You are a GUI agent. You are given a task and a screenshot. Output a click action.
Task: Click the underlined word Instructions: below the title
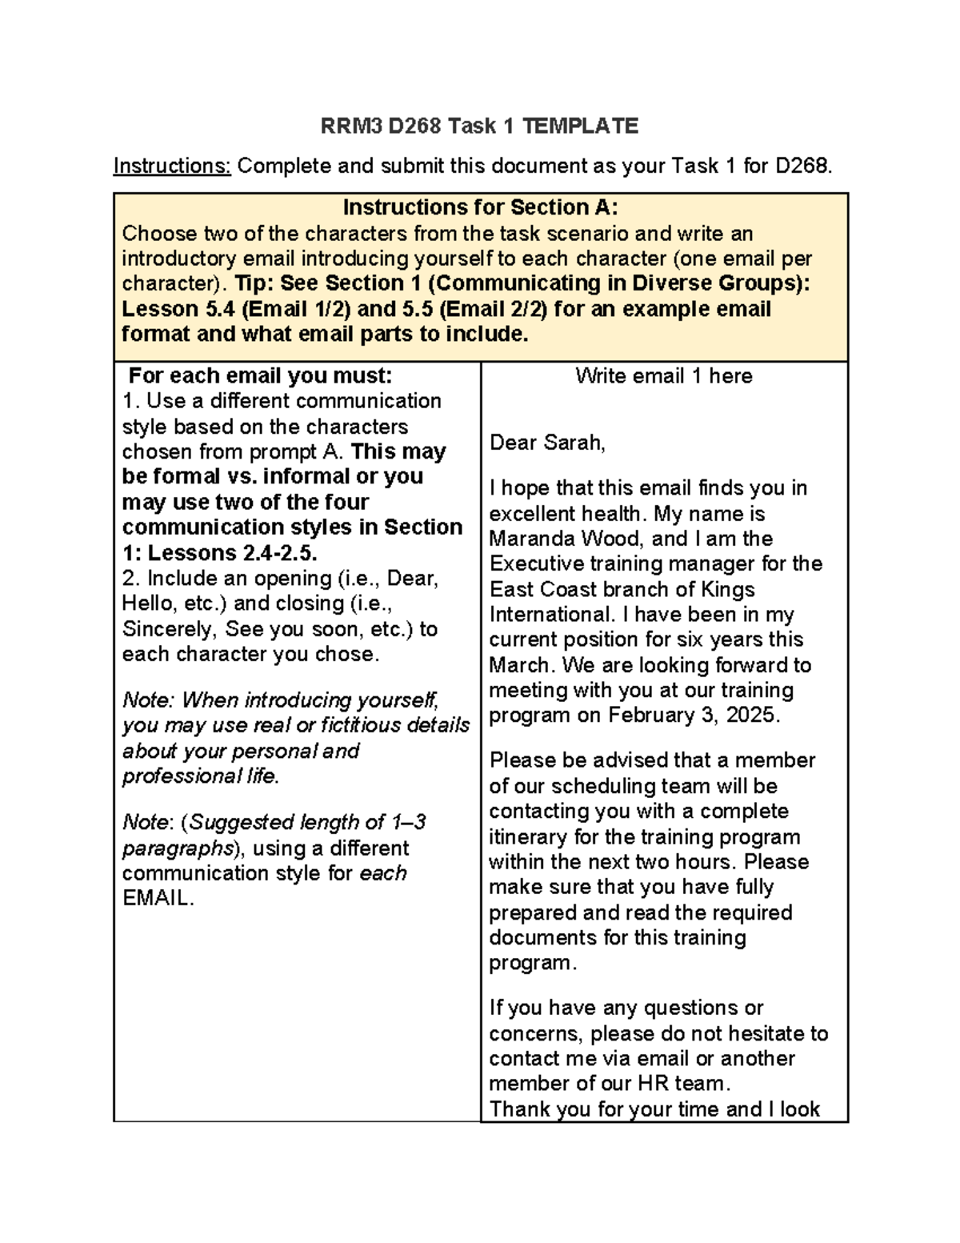tap(172, 166)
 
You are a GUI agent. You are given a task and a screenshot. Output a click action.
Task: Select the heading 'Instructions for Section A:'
tap(480, 207)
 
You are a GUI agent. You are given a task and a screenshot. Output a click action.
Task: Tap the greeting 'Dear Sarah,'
tap(547, 443)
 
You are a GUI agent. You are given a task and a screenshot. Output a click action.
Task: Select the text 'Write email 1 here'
tap(663, 376)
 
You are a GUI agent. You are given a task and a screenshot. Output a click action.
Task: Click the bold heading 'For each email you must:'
tap(261, 376)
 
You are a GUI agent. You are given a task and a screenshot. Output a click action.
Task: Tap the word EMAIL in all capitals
tap(157, 898)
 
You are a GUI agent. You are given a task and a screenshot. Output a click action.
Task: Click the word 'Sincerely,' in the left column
tap(168, 629)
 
